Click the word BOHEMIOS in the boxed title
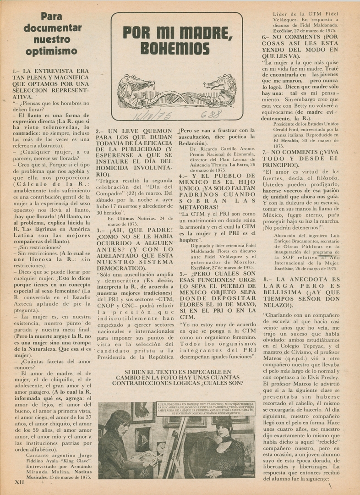[x=175, y=49]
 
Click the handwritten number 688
[x=211, y=114]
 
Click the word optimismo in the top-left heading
[x=51, y=51]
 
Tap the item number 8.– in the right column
[x=269, y=279]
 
